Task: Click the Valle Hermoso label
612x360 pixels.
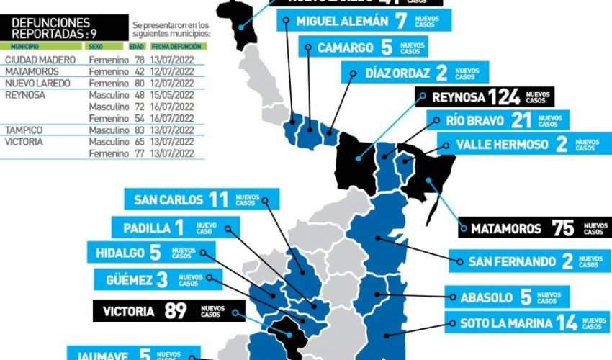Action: point(518,144)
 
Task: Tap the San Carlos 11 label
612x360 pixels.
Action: point(201,199)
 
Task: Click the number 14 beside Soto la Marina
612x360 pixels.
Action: point(567,323)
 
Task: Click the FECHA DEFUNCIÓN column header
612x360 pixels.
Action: point(186,46)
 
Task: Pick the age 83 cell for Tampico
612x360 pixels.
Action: point(140,130)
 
